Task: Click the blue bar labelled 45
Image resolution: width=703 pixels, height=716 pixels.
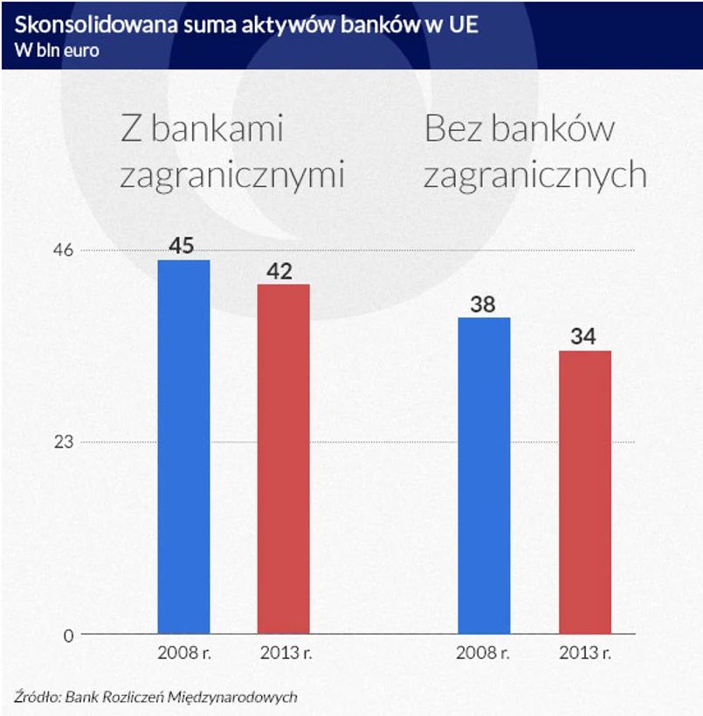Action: (183, 446)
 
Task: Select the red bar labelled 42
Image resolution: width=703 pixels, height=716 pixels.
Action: (283, 458)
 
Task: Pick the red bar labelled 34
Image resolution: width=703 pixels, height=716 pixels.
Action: (584, 491)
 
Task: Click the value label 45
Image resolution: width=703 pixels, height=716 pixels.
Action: (181, 246)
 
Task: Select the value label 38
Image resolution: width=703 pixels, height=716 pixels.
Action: (483, 305)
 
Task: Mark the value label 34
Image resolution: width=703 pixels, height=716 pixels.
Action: (582, 337)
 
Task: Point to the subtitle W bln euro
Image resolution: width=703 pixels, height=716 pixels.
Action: (57, 50)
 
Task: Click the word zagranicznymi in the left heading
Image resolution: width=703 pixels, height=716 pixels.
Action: (232, 176)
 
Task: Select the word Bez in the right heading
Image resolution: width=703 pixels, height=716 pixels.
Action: (452, 130)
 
